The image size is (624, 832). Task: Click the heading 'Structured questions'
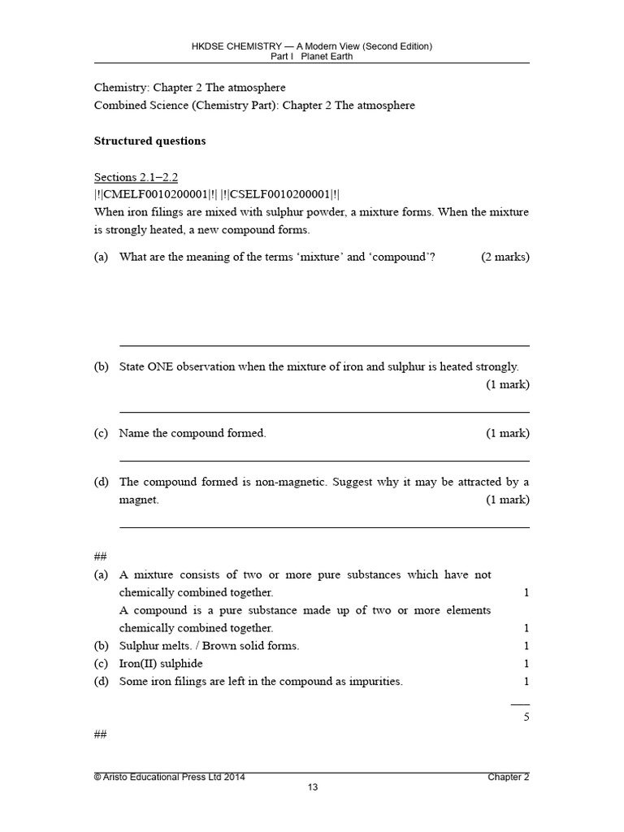[149, 141]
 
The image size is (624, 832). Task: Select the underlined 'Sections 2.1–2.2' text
[136, 177]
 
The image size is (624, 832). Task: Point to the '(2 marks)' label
[505, 257]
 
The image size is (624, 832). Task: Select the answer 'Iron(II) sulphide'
[161, 664]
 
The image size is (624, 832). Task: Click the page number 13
[311, 787]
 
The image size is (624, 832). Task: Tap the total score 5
[526, 716]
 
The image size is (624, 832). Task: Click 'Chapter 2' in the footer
[508, 777]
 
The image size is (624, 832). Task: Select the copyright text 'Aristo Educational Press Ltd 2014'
[175, 777]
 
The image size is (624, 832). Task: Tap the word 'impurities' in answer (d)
[375, 682]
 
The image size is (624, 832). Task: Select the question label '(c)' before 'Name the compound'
[101, 433]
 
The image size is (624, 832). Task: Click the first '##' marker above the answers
[101, 557]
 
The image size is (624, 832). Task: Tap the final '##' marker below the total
[101, 734]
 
